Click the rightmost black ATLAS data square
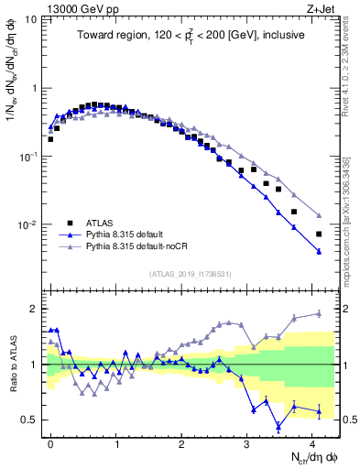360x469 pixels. tap(319, 234)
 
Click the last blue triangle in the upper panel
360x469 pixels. tap(319, 251)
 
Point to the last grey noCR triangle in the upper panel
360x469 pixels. tap(319, 216)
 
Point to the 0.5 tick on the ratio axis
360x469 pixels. tap(32, 420)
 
